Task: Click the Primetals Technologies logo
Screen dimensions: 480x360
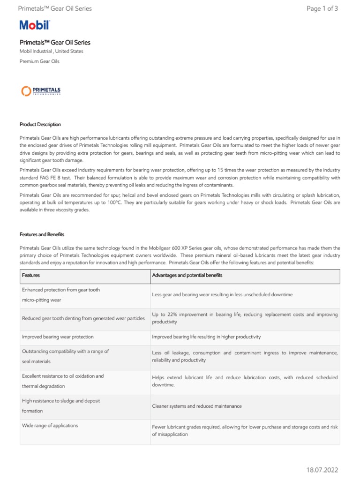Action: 41,91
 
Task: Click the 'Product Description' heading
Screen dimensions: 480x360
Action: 40,124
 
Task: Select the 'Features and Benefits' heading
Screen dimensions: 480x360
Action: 42,234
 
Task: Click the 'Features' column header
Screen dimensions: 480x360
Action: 31,275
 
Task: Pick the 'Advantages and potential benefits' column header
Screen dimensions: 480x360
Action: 187,275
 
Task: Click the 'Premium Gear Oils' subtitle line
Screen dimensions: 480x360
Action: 39,61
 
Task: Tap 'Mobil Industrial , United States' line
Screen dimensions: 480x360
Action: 51,52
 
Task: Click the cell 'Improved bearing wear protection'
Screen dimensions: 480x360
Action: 58,337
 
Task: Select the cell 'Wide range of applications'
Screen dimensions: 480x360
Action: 50,426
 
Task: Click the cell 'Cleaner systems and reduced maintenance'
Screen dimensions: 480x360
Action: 197,406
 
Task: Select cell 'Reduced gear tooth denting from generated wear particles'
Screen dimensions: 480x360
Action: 83,318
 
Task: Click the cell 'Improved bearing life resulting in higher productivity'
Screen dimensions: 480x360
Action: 206,337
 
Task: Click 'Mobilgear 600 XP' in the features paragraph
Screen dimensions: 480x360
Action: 174,247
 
